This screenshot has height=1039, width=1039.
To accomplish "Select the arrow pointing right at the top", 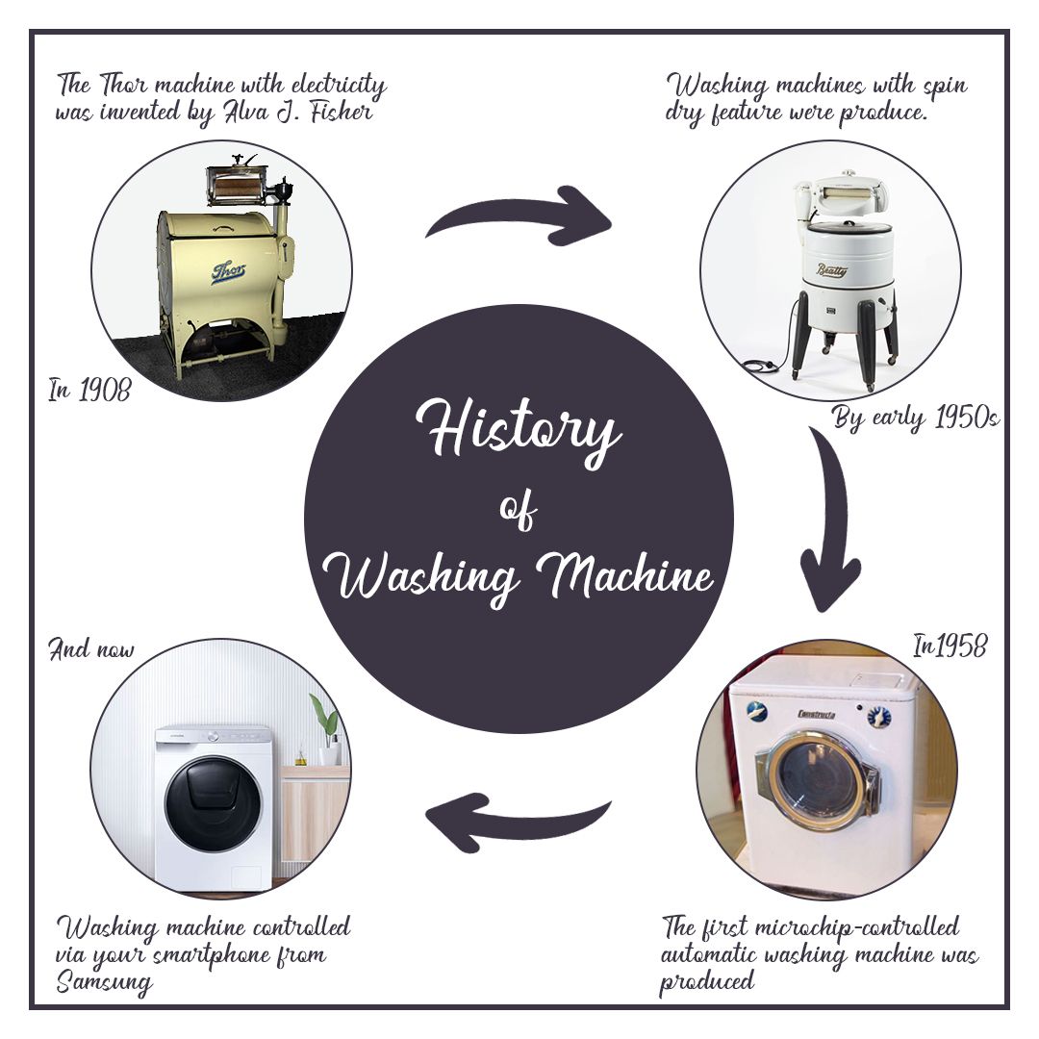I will point(519,216).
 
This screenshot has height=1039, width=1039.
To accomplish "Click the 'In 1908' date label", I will point(89,391).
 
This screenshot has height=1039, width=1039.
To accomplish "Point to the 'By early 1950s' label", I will point(915,419).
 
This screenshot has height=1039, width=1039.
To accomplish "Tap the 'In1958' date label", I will point(949,646).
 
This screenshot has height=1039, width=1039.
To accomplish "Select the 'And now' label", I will point(91,649).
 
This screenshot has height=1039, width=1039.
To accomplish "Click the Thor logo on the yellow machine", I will point(228,272).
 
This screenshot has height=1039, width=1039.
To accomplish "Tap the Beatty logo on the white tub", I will point(831,271).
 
